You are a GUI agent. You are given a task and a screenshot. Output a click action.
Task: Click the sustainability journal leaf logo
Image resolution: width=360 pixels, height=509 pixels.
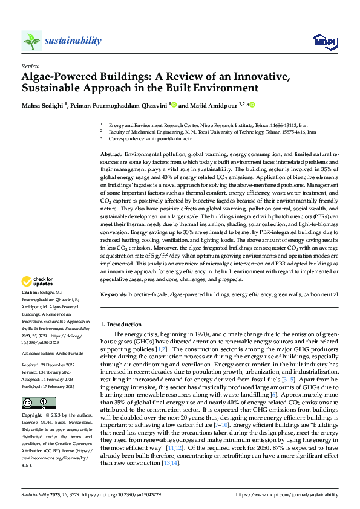click(x=31, y=41)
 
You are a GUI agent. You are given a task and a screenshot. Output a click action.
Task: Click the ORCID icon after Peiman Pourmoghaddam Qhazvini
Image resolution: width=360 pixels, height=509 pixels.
click(x=174, y=105)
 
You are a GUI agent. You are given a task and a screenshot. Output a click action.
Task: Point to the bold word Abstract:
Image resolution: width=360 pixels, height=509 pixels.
click(x=111, y=155)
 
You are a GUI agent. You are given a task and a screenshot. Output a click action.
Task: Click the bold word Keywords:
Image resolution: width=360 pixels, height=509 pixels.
click(x=114, y=294)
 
